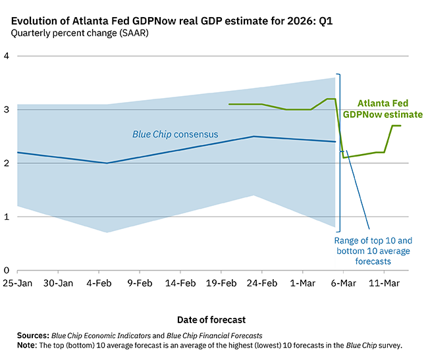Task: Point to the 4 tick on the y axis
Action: coord(6,56)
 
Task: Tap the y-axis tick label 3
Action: coord(6,109)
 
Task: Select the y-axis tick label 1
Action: coord(6,217)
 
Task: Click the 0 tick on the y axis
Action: coord(6,270)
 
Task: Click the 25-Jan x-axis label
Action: coord(17,284)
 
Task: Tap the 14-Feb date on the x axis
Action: coord(180,284)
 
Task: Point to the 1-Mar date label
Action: coord(302,284)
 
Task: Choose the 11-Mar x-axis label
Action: coord(384,284)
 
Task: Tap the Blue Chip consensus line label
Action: coord(175,135)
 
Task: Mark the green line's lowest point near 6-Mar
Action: coord(344,157)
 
